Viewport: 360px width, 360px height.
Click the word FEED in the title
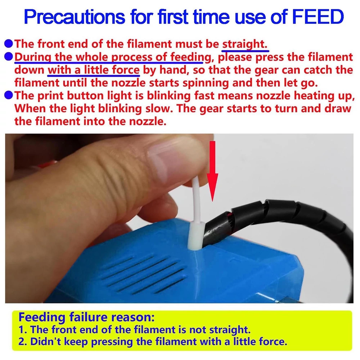318,17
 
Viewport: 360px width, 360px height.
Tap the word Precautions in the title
75,17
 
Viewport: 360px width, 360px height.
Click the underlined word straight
245,44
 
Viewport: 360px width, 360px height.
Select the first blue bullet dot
9,44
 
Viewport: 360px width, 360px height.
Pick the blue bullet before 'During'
9,57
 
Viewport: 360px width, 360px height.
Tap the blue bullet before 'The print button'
9,95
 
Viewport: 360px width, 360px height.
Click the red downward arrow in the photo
213,171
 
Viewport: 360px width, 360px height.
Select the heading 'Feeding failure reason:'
86,318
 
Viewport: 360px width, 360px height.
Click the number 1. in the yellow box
23,330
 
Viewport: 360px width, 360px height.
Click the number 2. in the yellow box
23,342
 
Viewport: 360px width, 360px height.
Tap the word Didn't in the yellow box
46,342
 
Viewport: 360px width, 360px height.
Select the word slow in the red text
158,108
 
